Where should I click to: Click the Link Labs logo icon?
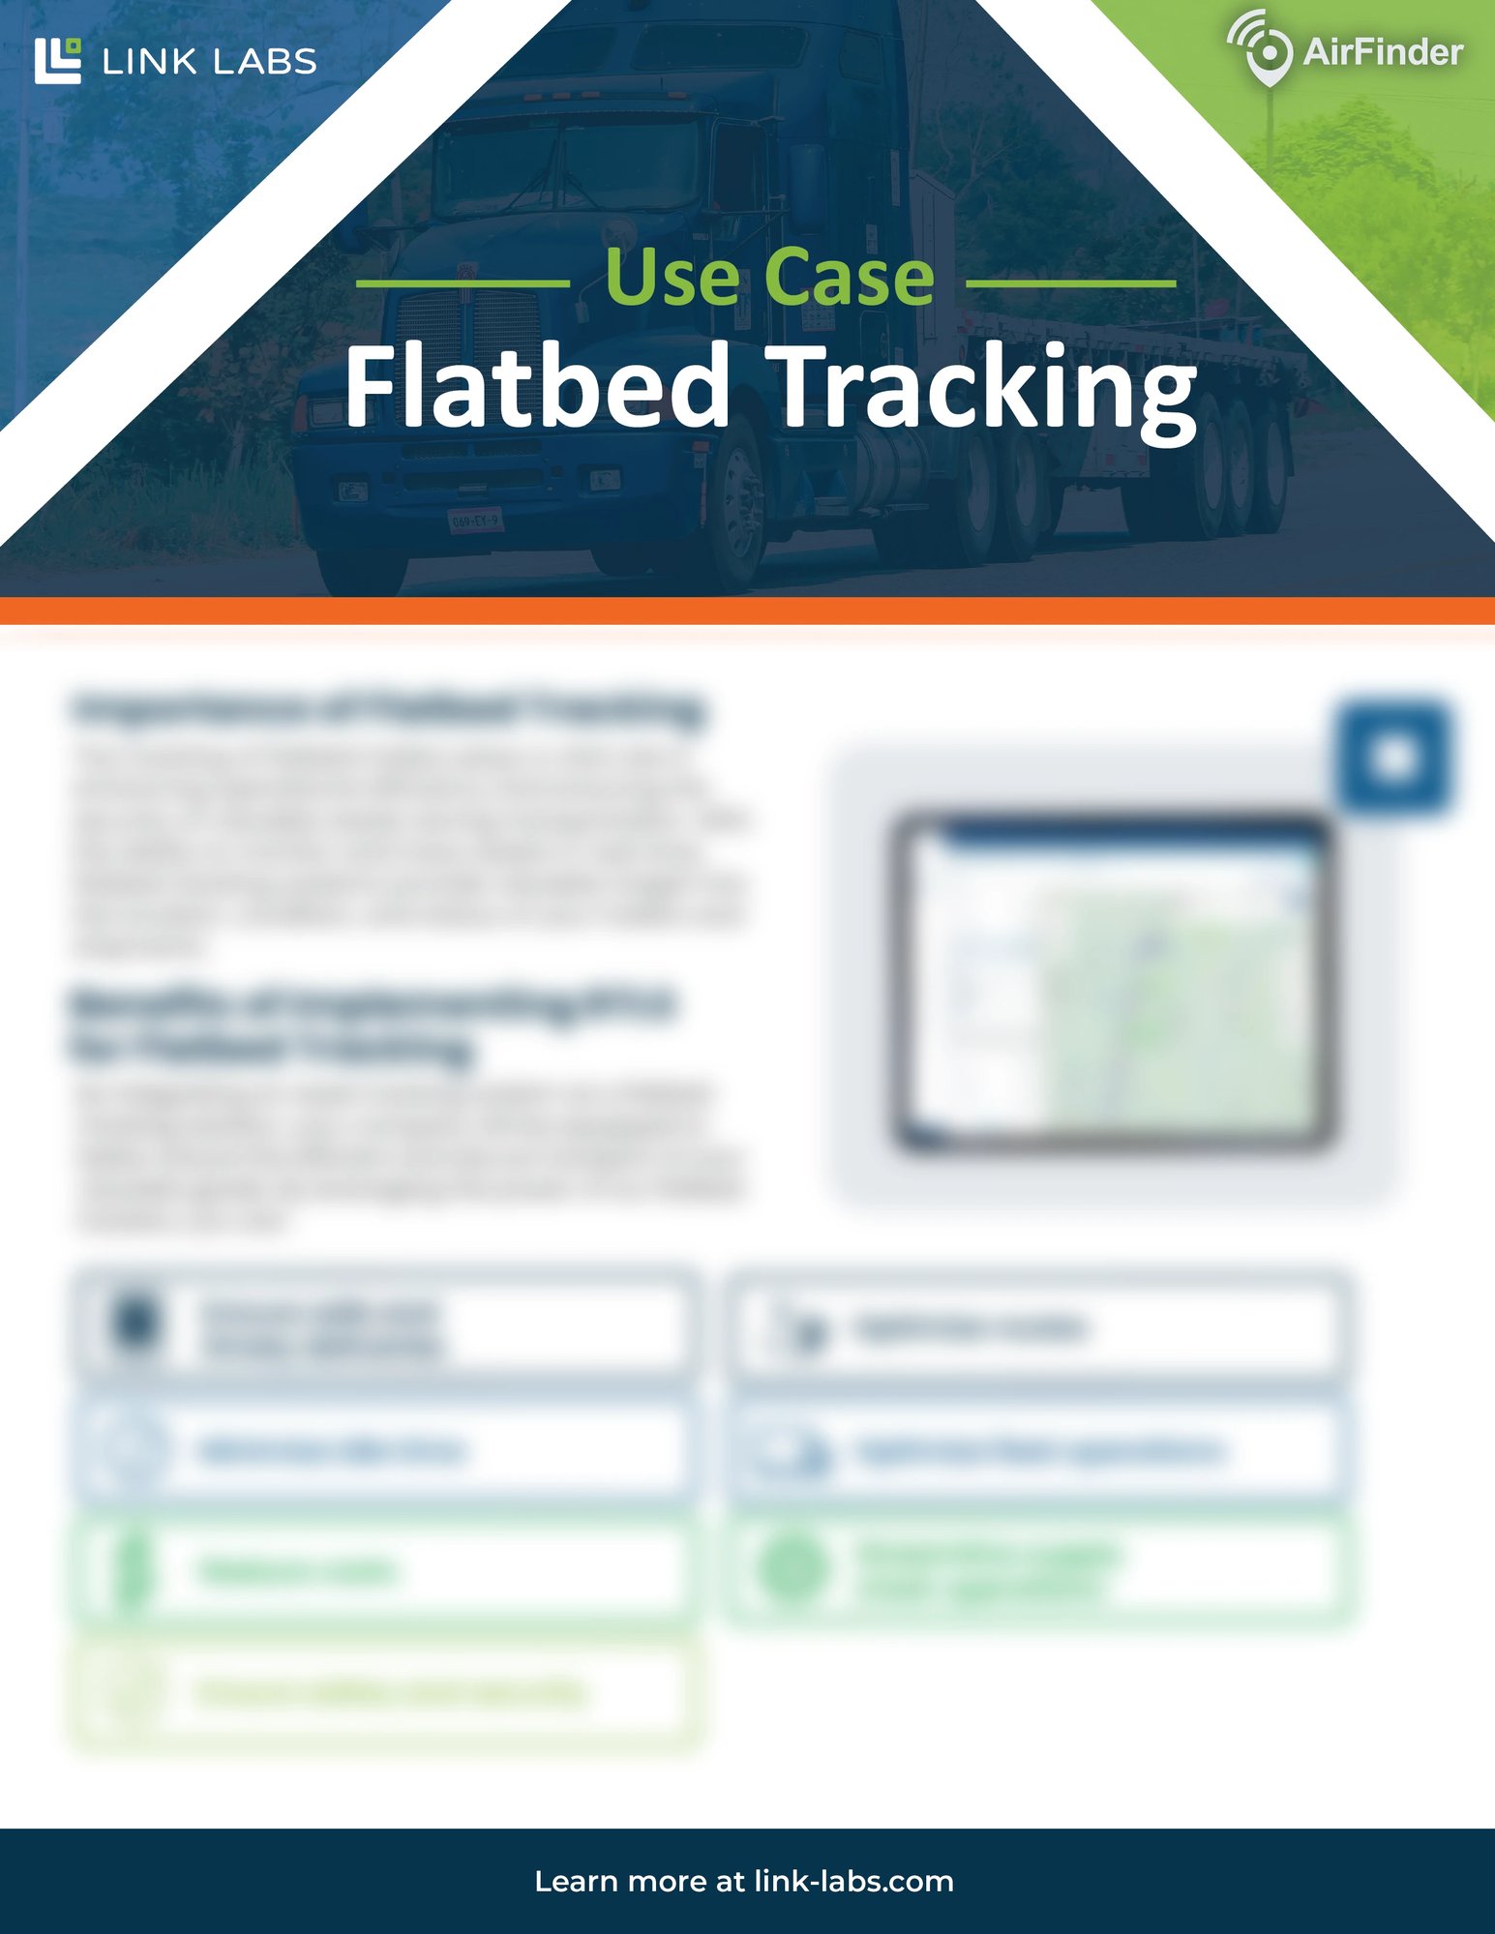pyautogui.click(x=57, y=61)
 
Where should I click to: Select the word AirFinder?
pyautogui.click(x=1383, y=52)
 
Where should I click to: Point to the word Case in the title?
pyautogui.click(x=849, y=279)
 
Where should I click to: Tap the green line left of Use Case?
pyautogui.click(x=463, y=283)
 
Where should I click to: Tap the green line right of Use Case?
pyautogui.click(x=1071, y=283)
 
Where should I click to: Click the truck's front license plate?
pyautogui.click(x=475, y=521)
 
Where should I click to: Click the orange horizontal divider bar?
pyautogui.click(x=747, y=610)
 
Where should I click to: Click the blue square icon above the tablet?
pyautogui.click(x=1393, y=758)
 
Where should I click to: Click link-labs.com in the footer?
pyautogui.click(x=853, y=1881)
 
